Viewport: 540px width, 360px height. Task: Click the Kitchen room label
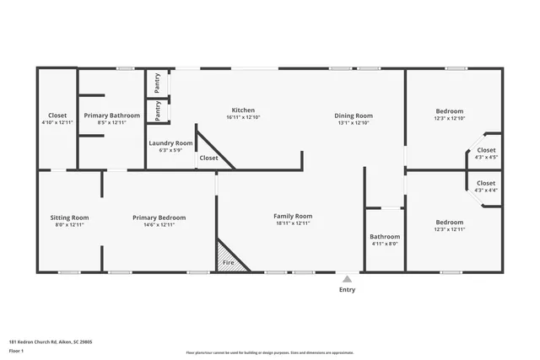(x=243, y=110)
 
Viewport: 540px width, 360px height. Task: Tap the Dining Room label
(x=354, y=116)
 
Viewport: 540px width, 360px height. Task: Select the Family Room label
(x=294, y=217)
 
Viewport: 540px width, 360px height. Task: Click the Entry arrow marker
(x=347, y=277)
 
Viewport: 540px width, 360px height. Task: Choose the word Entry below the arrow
(x=347, y=290)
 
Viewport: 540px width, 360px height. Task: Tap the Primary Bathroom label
(x=111, y=116)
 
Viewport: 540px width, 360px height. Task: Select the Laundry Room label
(x=171, y=143)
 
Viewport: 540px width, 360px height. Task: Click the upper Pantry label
(x=158, y=84)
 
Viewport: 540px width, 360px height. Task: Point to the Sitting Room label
(x=69, y=218)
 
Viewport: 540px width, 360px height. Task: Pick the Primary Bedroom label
(x=159, y=218)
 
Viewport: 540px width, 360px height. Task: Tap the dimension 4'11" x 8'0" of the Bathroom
(x=385, y=244)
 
